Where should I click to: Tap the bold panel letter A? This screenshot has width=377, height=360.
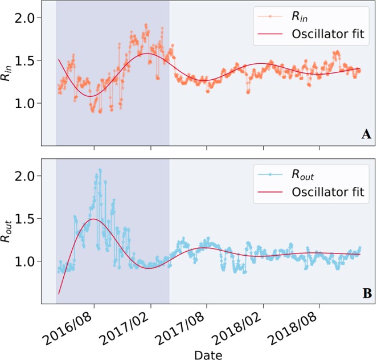366,134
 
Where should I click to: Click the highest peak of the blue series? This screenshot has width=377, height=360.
100,170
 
